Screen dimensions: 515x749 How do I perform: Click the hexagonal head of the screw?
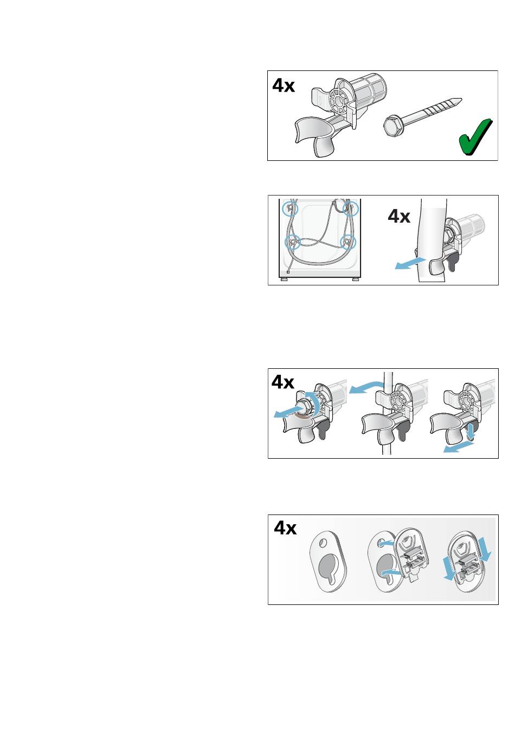[x=395, y=126]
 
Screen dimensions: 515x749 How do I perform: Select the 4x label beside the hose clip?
[x=399, y=216]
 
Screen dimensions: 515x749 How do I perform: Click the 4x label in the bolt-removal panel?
[x=283, y=382]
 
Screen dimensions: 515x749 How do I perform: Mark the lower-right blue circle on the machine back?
[x=348, y=242]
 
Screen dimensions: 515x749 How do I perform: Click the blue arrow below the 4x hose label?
[x=410, y=263]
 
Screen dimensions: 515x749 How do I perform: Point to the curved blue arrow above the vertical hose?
[x=366, y=387]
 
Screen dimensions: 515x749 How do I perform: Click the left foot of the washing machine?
[x=284, y=279]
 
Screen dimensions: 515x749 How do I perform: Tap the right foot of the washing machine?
[x=356, y=279]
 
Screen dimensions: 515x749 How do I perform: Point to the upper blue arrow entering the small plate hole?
[x=387, y=543]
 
